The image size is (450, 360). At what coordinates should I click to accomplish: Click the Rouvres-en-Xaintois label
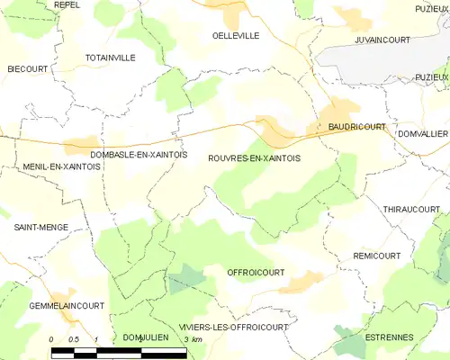[256, 157]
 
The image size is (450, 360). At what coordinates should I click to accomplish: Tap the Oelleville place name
[235, 35]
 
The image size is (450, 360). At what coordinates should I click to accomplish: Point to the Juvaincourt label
[383, 40]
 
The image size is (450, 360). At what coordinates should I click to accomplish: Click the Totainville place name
[110, 57]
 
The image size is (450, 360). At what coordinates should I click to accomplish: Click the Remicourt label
[377, 256]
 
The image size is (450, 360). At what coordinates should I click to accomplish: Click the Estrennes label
[389, 337]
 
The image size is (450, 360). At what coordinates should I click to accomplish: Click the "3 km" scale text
[192, 338]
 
